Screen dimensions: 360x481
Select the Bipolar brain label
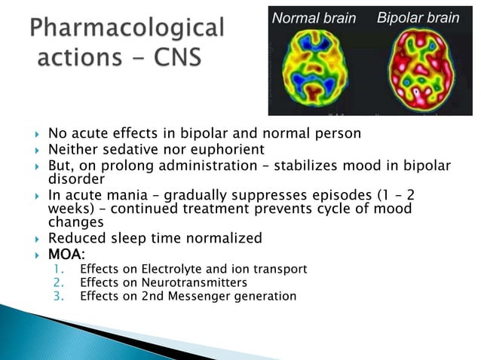tap(417, 17)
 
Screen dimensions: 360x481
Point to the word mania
tap(127, 195)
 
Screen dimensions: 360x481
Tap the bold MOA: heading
tap(67, 255)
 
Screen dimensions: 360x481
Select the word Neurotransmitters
tap(188, 282)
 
